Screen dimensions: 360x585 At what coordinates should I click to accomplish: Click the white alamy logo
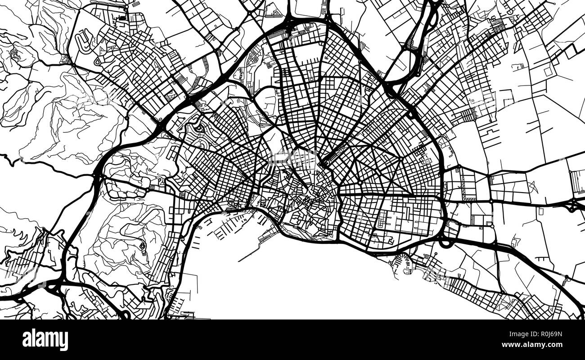coord(45,339)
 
